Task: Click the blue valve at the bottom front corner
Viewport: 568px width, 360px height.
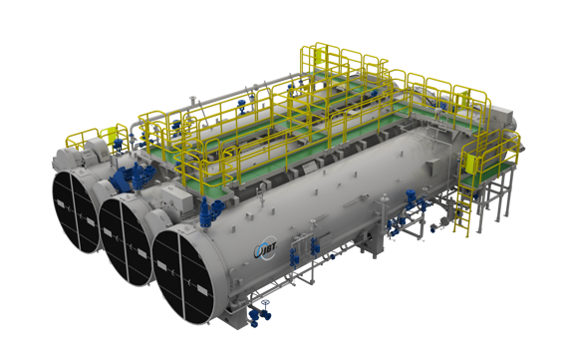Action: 261,317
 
